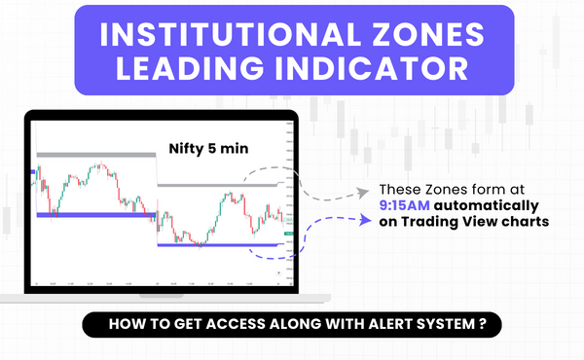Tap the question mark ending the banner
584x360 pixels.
click(x=484, y=323)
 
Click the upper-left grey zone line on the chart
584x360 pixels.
click(x=95, y=154)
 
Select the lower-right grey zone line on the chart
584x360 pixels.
click(x=222, y=184)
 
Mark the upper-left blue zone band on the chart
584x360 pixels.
click(x=95, y=214)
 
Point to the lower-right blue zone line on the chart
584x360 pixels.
click(x=222, y=245)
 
